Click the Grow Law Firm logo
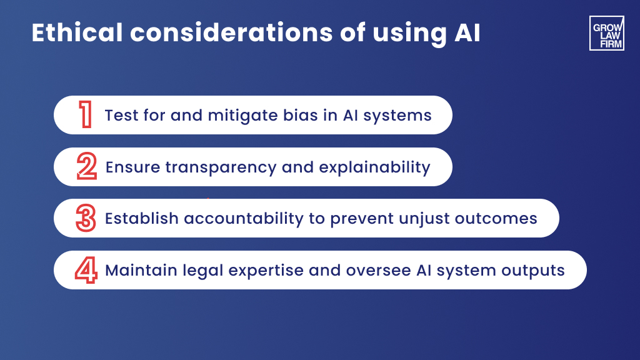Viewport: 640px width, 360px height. click(x=606, y=33)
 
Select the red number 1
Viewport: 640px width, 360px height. click(x=85, y=115)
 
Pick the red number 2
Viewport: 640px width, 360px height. click(x=86, y=167)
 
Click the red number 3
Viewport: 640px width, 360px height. click(x=86, y=218)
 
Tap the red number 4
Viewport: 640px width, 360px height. click(x=86, y=270)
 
